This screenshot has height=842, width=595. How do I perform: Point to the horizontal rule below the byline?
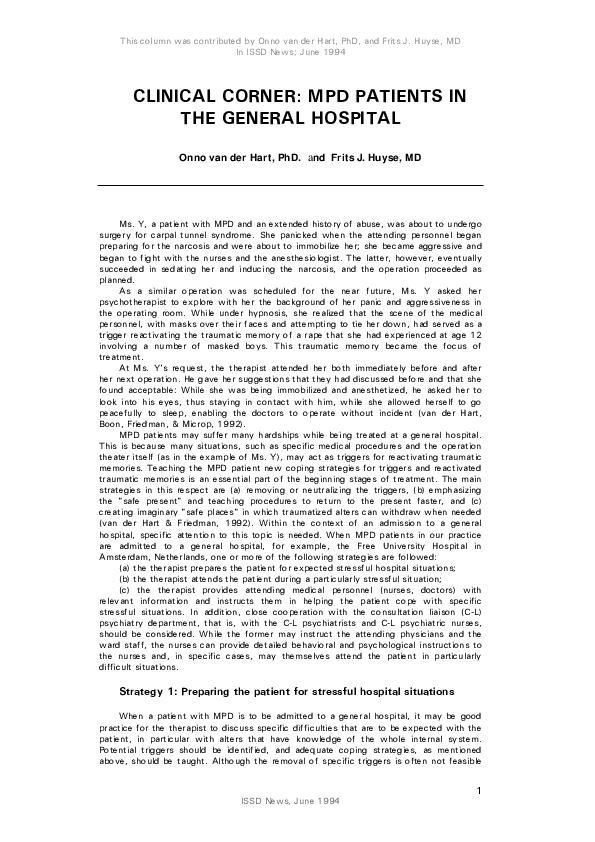point(289,186)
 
